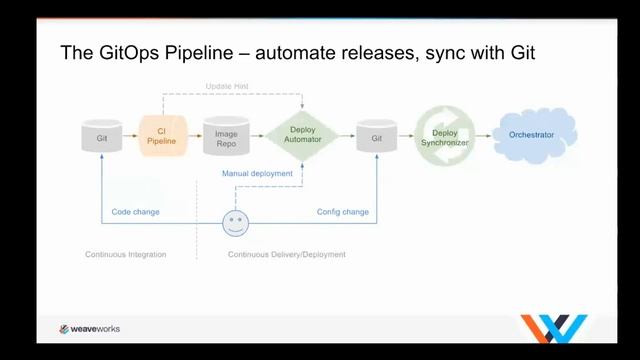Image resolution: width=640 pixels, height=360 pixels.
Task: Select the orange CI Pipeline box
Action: (x=156, y=135)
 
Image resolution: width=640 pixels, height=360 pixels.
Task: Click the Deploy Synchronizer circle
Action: (x=444, y=136)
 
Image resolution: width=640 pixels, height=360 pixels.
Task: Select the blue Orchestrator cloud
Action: (x=538, y=134)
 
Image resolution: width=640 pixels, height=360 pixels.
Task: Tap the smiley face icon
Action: (x=235, y=222)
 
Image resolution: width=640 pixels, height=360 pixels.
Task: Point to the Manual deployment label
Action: (x=257, y=173)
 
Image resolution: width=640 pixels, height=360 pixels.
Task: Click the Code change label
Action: (x=135, y=212)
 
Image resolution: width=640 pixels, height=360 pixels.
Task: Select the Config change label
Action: (x=342, y=212)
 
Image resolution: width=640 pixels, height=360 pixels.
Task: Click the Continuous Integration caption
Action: (x=125, y=255)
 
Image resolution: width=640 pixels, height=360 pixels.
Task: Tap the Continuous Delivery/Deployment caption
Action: (x=286, y=255)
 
